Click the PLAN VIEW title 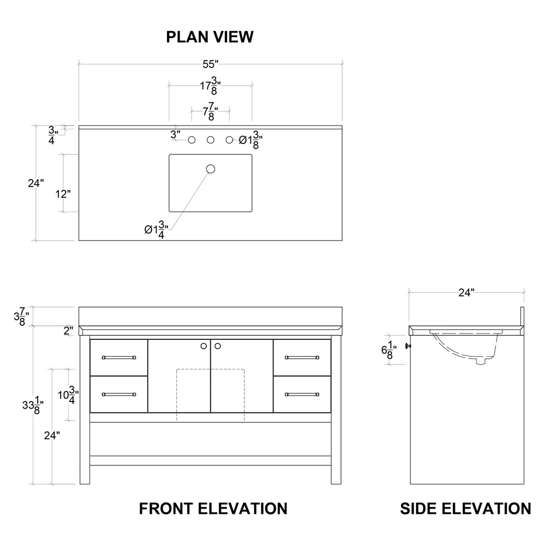coord(209,37)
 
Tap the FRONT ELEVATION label coord(213,508)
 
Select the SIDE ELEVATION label coord(465,508)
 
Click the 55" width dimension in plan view coord(210,64)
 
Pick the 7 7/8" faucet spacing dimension coord(210,112)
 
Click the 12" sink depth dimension coord(63,194)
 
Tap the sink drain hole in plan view coord(211,169)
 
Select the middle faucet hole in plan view coord(211,140)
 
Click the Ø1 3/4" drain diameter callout coord(157,230)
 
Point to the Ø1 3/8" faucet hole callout coord(251,141)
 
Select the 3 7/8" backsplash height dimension coord(21,316)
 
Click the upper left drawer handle coord(118,357)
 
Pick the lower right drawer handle coord(302,394)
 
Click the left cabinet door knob coord(204,345)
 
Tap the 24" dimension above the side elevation coord(466,293)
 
